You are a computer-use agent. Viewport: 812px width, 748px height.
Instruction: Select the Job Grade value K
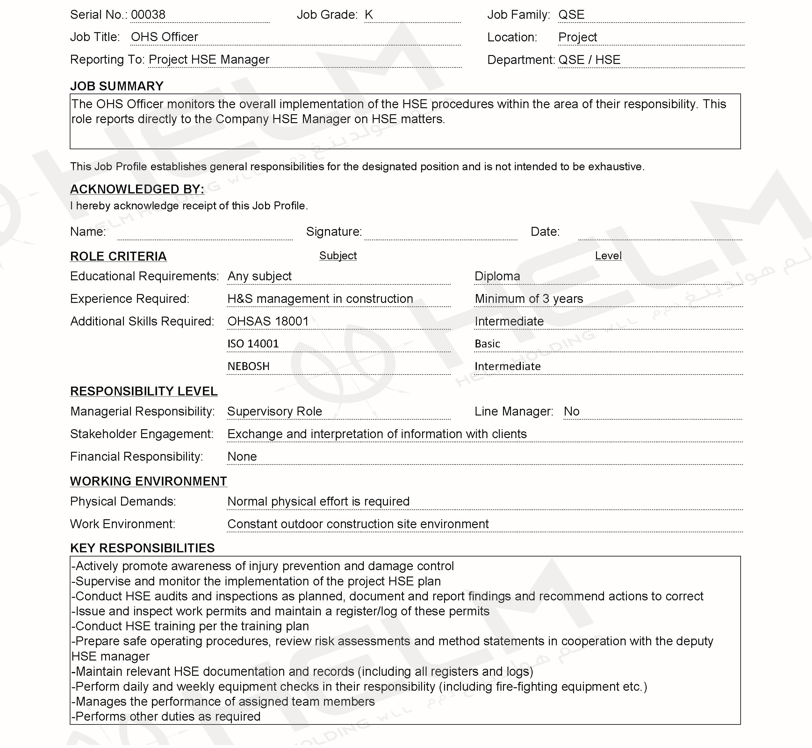[368, 15]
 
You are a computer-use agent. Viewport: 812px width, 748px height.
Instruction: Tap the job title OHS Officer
[164, 37]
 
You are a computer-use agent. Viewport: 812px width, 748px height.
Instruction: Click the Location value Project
[578, 37]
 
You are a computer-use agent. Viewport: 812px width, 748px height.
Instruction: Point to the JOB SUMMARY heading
[117, 86]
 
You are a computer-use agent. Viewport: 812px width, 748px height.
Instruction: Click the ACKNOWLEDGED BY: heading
[137, 189]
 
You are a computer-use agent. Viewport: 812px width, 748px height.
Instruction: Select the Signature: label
[334, 232]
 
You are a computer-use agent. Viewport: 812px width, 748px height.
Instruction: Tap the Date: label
[545, 232]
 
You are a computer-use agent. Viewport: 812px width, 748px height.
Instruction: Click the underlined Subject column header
[338, 256]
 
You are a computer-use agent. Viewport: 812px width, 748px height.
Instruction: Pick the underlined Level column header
[608, 256]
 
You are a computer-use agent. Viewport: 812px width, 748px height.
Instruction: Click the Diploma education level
[497, 276]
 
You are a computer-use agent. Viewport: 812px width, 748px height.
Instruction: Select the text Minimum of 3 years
[529, 299]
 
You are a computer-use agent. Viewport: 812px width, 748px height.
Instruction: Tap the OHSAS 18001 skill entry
[268, 321]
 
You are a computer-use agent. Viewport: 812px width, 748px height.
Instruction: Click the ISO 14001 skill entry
[253, 344]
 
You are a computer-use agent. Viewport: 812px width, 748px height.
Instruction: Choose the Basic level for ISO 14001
[487, 344]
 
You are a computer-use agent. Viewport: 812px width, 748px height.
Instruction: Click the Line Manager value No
[571, 412]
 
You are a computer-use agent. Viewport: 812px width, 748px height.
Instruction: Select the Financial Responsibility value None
[242, 457]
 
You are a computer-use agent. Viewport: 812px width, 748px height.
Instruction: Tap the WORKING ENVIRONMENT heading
[148, 482]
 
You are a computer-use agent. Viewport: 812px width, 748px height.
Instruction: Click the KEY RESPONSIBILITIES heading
[142, 549]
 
